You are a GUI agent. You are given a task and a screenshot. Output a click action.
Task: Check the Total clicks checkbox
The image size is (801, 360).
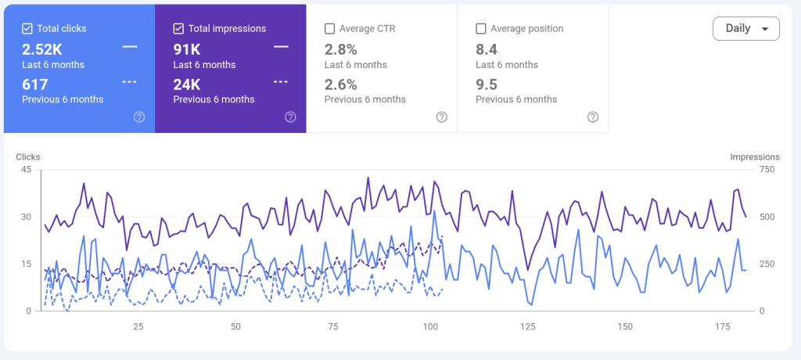pos(27,29)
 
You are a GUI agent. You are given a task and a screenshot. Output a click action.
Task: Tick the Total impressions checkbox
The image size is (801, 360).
pos(178,29)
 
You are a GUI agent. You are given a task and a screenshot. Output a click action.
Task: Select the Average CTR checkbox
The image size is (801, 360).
pos(329,29)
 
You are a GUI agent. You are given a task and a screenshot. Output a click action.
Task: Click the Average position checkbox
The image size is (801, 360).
pos(481,29)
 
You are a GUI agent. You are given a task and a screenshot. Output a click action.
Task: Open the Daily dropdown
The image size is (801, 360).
pos(745,29)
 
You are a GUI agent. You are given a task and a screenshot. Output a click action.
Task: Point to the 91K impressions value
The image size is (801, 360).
pos(187,49)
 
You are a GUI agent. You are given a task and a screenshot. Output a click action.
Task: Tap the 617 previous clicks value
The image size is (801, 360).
pos(34,85)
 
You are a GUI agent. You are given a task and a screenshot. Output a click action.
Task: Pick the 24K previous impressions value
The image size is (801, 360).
pos(187,85)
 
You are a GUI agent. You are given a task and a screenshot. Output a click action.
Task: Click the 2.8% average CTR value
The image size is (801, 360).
pos(341,49)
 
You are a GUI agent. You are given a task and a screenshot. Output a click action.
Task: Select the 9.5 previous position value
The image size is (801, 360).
pos(487,85)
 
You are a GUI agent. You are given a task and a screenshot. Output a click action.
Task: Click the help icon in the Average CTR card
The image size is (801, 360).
pos(442,117)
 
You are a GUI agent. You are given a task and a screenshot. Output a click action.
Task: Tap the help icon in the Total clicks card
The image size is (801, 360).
pos(139,117)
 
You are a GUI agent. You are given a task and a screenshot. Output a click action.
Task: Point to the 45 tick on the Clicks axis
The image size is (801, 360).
pos(26,170)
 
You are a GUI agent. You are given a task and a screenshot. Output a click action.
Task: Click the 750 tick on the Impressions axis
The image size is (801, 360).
pos(767,170)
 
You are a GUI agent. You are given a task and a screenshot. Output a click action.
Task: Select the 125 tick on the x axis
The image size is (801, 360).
pos(528,327)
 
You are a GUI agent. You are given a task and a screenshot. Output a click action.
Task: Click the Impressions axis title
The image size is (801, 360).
pos(755,157)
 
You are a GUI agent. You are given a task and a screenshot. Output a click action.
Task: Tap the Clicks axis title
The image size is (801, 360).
pos(28,157)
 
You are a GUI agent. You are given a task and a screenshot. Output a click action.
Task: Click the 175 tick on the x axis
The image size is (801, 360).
pos(722,327)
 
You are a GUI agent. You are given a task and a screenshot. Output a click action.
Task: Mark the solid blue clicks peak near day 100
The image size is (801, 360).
pos(434,211)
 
